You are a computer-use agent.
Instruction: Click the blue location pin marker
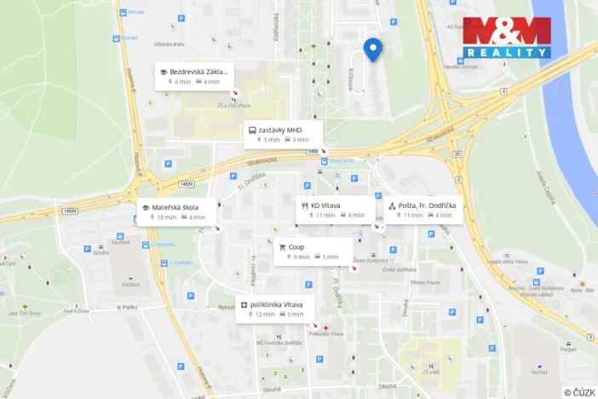tap(371, 49)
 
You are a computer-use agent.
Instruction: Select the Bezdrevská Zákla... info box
tap(193, 77)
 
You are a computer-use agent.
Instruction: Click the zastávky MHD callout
tap(283, 134)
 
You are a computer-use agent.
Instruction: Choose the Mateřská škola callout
tap(176, 211)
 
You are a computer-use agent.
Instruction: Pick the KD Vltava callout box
tap(336, 210)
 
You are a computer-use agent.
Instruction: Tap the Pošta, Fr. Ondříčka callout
tap(423, 210)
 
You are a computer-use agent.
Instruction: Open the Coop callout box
tap(313, 252)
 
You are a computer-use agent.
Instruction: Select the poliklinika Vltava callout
tap(276, 309)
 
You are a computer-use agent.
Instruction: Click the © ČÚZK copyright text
tap(579, 392)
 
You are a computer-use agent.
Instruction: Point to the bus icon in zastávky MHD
tap(252, 130)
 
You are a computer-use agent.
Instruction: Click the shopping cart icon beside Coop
tap(282, 247)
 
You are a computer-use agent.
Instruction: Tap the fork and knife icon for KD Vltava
tap(304, 205)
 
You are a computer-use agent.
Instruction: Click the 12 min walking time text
tap(264, 315)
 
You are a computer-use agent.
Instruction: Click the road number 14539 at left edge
tap(69, 211)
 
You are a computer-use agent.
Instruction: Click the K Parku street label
tap(128, 307)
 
